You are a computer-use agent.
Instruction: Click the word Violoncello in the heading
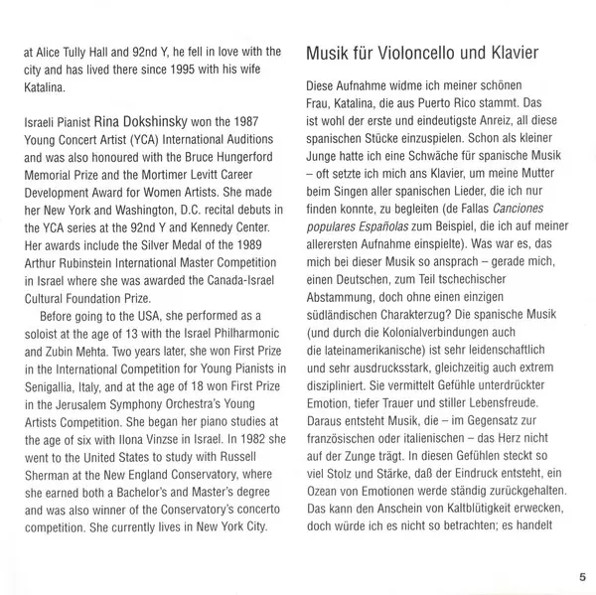click(x=422, y=52)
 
